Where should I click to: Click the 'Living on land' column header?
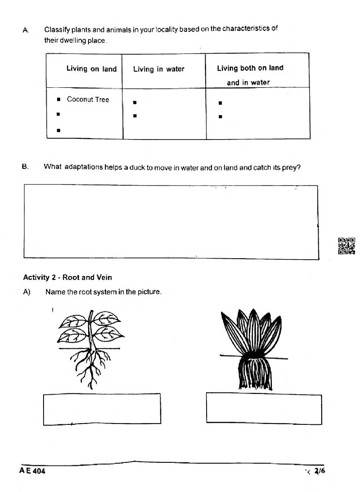tap(92, 69)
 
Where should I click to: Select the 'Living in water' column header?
tap(159, 69)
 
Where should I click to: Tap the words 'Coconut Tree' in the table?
tap(88, 99)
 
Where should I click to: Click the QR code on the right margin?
tap(346, 246)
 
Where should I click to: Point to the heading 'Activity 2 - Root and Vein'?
tap(68, 277)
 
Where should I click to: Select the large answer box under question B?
tap(170, 222)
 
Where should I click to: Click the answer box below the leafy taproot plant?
tap(102, 409)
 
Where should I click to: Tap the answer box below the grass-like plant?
tap(264, 408)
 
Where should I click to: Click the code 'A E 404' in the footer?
tap(32, 471)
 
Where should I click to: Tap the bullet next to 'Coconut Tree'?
tap(58, 100)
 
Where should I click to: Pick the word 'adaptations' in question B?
tap(84, 167)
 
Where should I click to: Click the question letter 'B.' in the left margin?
tap(25, 167)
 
